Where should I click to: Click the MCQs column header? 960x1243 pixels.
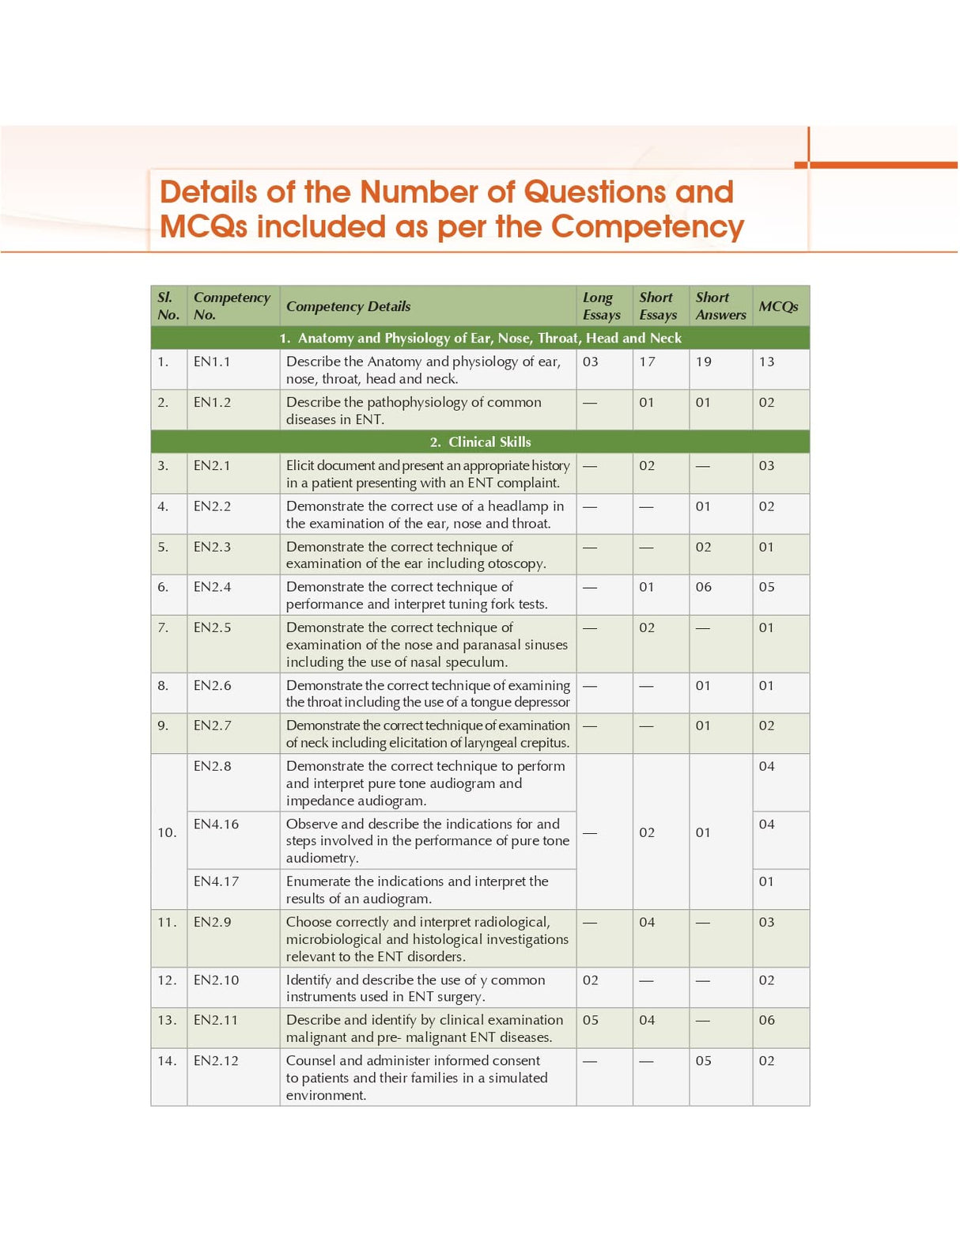[778, 306]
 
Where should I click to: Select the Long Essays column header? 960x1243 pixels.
[601, 306]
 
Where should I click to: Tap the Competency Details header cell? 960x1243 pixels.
[348, 306]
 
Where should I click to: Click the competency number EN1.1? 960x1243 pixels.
[212, 362]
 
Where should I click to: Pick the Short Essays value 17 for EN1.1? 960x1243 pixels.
[647, 362]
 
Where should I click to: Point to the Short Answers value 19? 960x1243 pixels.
[703, 362]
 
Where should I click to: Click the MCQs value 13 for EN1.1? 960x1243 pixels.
[766, 362]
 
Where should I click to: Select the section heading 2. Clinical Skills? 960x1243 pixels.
[481, 441]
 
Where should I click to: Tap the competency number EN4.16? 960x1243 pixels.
[216, 824]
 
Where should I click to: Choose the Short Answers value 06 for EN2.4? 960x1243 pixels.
[703, 586]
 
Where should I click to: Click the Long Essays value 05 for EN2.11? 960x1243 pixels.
[590, 1020]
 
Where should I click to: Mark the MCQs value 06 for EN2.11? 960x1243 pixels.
[766, 1020]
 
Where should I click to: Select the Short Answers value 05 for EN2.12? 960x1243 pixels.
[703, 1060]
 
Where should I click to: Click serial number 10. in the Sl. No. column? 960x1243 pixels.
[167, 832]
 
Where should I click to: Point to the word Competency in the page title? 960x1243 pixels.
[647, 227]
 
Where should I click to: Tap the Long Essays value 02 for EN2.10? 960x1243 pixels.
[590, 980]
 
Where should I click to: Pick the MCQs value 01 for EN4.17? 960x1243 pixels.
[766, 881]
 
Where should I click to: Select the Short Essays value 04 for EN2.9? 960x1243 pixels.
[647, 922]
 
